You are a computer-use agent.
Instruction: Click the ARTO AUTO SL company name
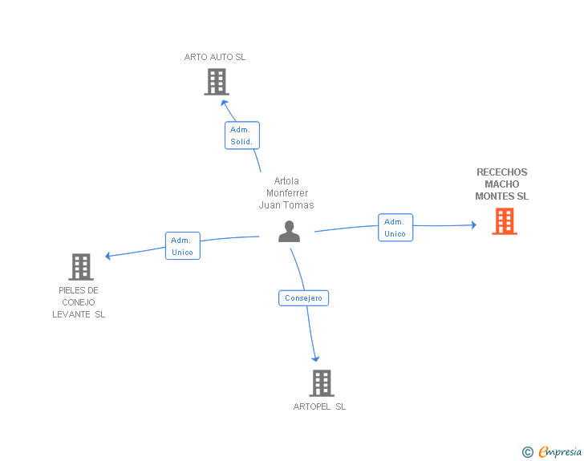coord(215,57)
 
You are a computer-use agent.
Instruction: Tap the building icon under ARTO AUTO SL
coord(217,82)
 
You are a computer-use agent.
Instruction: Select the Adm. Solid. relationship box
coord(242,135)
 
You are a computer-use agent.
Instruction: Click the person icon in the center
coord(289,232)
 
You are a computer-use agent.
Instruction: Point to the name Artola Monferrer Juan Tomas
coord(286,193)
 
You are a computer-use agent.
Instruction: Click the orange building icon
coord(505,221)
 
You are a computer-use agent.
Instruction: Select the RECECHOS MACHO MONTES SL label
coord(501,184)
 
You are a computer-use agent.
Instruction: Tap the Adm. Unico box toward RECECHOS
coord(395,228)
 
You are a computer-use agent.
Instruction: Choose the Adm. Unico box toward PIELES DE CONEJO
coord(183,246)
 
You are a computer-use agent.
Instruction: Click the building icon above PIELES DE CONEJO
coord(81,267)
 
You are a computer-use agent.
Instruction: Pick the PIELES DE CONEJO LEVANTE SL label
coord(79,302)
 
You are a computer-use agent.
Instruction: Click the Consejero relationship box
coord(303,298)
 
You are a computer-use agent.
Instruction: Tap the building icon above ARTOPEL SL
coord(322,383)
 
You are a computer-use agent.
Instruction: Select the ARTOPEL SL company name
coord(319,406)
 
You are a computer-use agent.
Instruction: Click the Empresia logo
coord(560,451)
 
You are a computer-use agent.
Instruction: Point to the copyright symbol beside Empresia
coord(528,452)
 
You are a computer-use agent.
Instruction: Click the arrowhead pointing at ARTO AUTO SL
coord(224,103)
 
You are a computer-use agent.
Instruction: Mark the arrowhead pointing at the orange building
coord(474,224)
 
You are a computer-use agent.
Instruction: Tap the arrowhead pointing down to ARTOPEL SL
coord(315,359)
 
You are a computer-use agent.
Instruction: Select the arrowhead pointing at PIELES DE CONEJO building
coord(107,256)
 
